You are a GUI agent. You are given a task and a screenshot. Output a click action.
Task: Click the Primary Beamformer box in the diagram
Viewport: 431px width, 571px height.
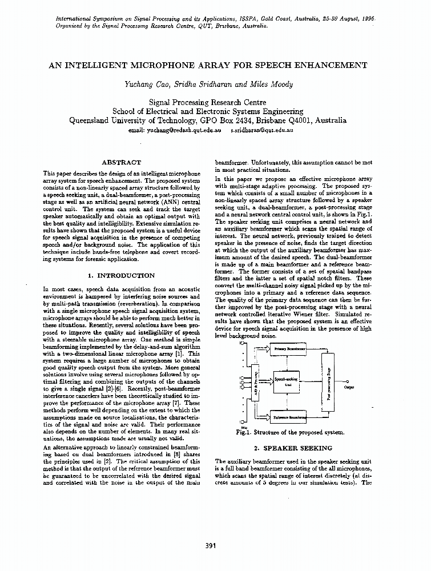(288, 348)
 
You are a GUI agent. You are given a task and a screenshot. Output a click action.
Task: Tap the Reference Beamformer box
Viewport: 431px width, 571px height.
(289, 418)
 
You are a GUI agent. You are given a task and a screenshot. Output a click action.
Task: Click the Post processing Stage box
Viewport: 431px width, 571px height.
(329, 383)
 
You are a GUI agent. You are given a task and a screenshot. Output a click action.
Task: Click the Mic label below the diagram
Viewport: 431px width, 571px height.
(244, 427)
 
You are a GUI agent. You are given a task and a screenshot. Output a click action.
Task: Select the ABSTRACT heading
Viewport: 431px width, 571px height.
(121, 163)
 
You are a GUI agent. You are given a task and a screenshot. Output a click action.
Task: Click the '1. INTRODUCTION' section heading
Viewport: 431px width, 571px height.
(122, 275)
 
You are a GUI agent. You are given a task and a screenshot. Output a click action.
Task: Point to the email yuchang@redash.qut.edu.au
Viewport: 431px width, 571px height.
(175, 131)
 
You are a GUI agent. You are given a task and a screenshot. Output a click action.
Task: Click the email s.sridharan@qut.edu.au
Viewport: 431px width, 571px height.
(262, 131)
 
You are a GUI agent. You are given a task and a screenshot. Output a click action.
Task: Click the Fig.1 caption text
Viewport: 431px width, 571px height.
(290, 432)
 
